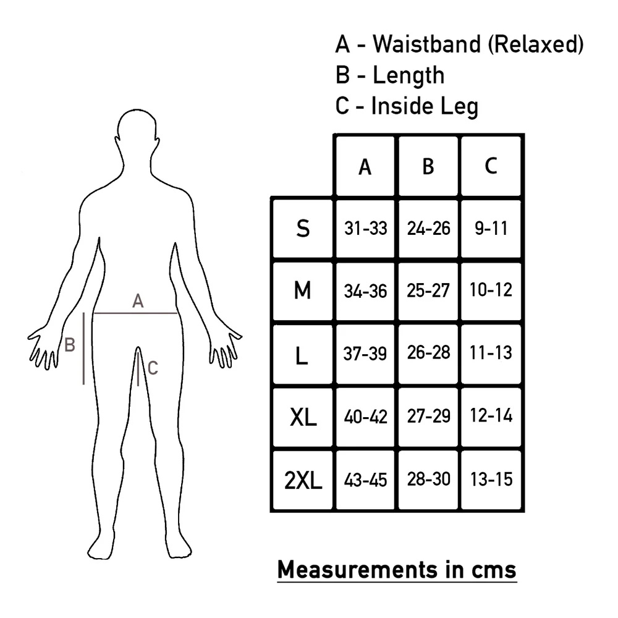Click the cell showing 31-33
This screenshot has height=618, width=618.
click(x=365, y=229)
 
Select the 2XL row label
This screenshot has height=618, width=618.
click(x=303, y=480)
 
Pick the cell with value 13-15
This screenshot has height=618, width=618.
click(x=491, y=479)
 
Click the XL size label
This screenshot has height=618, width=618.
click(x=303, y=418)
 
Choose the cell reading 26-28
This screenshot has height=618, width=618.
click(x=428, y=353)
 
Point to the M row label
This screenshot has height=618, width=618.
click(x=302, y=290)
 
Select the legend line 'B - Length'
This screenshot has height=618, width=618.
click(x=389, y=75)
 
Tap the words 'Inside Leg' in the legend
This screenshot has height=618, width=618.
click(x=425, y=106)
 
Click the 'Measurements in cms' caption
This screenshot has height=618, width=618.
click(x=396, y=569)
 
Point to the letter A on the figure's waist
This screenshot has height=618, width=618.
click(x=138, y=302)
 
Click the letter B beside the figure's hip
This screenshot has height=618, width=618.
click(x=70, y=344)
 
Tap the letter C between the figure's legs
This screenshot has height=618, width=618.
click(x=153, y=368)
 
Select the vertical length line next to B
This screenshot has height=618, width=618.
click(x=83, y=349)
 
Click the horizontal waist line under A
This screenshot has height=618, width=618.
click(x=136, y=313)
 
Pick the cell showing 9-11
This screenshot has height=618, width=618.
click(x=491, y=229)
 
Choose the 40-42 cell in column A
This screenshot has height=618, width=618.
click(x=365, y=417)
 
